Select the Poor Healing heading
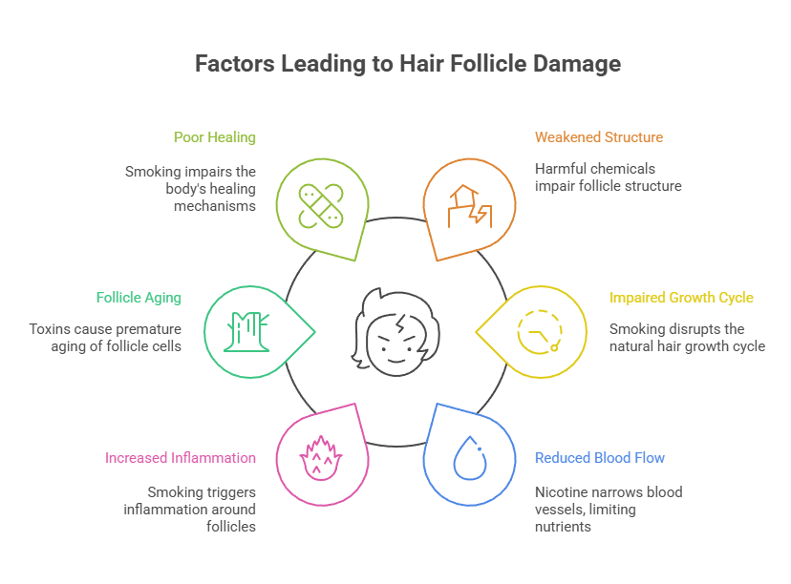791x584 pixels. (x=214, y=137)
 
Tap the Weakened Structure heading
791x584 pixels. (x=598, y=137)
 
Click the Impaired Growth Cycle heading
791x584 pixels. (x=681, y=298)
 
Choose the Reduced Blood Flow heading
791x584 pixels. (x=599, y=458)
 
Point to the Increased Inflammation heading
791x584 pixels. (x=181, y=458)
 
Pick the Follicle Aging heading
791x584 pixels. (x=139, y=298)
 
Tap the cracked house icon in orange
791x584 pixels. (x=469, y=205)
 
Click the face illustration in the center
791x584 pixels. (x=395, y=329)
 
